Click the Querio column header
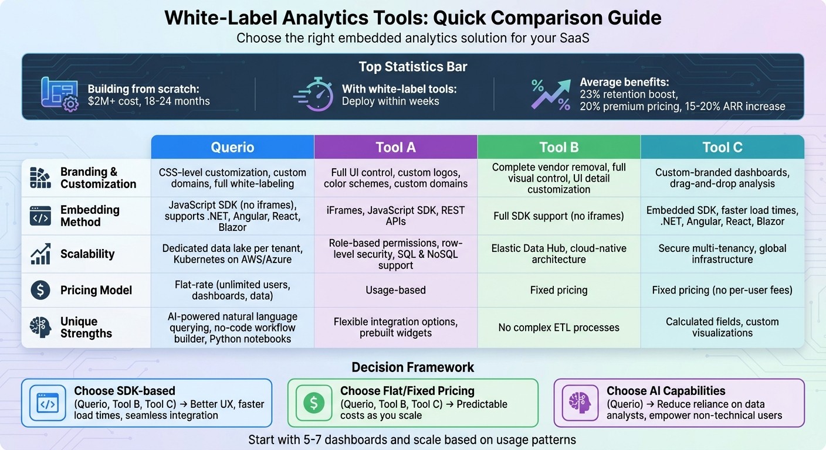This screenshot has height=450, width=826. tap(232, 147)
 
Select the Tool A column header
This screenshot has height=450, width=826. tap(395, 147)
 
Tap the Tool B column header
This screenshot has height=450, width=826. tap(558, 147)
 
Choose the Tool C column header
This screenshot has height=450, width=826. tap(722, 147)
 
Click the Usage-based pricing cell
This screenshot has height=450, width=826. tap(395, 290)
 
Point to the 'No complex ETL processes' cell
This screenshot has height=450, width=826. tap(558, 328)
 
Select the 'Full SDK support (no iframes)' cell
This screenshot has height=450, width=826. tap(558, 216)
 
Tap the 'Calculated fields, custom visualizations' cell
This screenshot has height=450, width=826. tap(722, 327)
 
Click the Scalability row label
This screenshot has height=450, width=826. tap(87, 254)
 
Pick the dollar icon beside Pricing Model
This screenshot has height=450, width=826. tap(40, 290)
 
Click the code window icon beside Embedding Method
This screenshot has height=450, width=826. tap(40, 216)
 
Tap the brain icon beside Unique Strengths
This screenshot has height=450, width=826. tap(40, 327)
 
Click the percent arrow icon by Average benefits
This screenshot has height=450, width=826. tap(551, 94)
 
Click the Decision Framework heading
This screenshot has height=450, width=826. tap(412, 367)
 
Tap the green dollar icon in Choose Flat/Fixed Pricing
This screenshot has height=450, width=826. tap(314, 403)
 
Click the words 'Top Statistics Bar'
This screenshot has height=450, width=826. tap(412, 67)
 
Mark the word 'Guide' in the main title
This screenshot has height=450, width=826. tap(632, 18)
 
